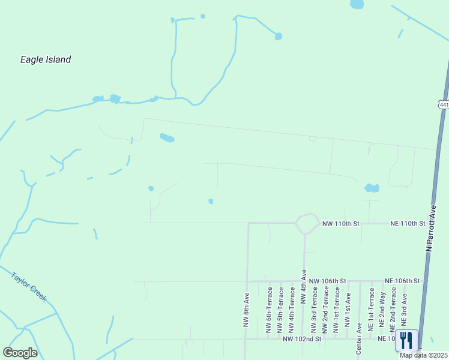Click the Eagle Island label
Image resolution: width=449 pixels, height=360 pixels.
pos(46,59)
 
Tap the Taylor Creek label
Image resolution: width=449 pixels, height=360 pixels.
pos(28,287)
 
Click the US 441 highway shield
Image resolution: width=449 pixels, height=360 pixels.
pos(444,104)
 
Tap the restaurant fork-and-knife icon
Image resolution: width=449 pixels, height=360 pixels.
pos(406,340)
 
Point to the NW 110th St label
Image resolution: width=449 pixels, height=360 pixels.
pos(340,223)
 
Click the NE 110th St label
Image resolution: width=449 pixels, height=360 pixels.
pos(408,223)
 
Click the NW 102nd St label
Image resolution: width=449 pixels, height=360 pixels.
pos(303,339)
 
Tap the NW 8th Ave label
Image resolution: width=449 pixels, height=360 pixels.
pos(247,310)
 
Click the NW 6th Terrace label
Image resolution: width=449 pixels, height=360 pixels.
pos(270,310)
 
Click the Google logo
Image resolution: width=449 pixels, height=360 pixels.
pos(20,353)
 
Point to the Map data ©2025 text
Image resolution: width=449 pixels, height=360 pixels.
pos(424,355)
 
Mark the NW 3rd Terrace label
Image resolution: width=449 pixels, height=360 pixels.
pos(314,310)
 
